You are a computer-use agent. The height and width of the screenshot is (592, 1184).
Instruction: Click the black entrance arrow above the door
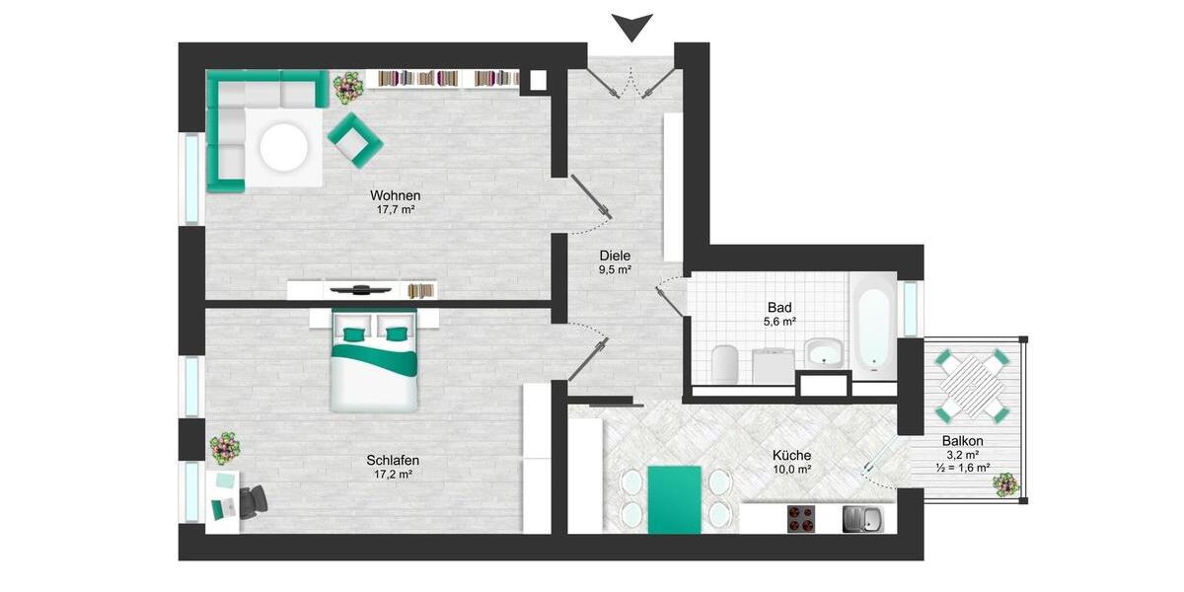pyautogui.click(x=632, y=27)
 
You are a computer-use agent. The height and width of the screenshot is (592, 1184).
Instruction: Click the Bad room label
pyautogui.click(x=779, y=307)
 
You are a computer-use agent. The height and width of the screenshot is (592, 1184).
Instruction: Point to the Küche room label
pyautogui.click(x=791, y=455)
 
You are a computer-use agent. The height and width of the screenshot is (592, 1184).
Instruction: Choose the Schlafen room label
pyautogui.click(x=393, y=460)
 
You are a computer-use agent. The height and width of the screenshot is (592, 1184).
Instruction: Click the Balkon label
pyautogui.click(x=962, y=441)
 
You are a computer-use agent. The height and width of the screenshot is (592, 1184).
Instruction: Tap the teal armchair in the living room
pyautogui.click(x=354, y=138)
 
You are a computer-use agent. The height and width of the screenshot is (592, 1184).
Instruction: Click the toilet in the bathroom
pyautogui.click(x=725, y=363)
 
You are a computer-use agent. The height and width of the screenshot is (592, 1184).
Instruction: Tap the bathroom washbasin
pyautogui.click(x=822, y=351)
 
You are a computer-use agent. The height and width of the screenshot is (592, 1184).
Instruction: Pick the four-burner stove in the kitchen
pyautogui.click(x=801, y=519)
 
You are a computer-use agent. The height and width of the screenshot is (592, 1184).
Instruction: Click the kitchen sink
pyautogui.click(x=860, y=519)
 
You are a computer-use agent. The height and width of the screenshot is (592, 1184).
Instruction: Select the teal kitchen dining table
pyautogui.click(x=675, y=499)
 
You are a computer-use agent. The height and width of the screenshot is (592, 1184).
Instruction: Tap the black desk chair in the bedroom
pyautogui.click(x=252, y=501)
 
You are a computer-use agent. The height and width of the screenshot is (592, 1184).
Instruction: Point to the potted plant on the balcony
pyautogui.click(x=1004, y=484)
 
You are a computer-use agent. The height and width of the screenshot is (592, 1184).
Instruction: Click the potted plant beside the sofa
pyautogui.click(x=347, y=89)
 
